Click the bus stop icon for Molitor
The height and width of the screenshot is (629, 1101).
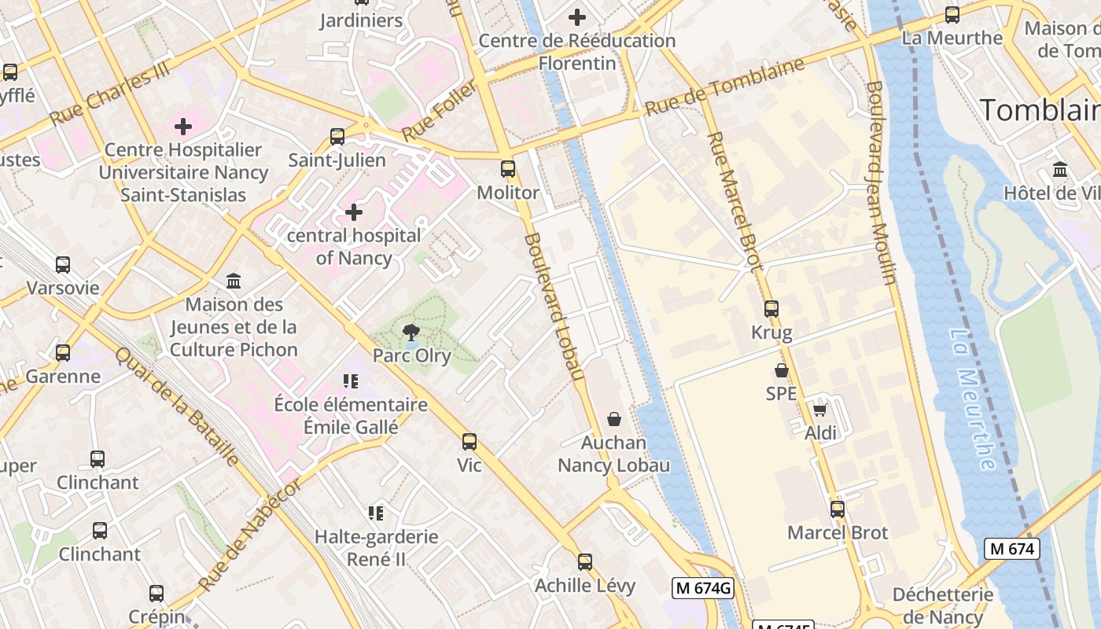508,168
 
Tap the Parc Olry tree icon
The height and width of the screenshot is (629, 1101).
411,333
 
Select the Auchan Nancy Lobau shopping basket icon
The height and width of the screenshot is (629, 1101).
614,420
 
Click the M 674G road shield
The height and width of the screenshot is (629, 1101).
703,587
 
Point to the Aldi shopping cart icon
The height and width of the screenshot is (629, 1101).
820,410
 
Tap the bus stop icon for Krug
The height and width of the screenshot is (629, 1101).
771,309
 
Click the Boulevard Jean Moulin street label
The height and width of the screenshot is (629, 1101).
881,182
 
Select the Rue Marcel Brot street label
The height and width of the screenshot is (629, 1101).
735,202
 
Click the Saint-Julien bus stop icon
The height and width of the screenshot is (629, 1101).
337,137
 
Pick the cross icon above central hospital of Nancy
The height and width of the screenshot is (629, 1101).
354,212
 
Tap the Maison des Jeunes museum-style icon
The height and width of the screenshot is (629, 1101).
234,281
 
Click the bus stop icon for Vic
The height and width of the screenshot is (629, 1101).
469,442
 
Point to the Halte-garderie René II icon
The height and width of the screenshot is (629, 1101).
376,513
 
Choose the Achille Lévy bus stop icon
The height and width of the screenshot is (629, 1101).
585,562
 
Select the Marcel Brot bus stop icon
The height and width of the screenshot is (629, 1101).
838,509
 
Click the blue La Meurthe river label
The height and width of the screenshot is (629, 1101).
973,400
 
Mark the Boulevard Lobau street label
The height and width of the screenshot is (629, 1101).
554,307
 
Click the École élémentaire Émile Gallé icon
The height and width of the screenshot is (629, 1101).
351,381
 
